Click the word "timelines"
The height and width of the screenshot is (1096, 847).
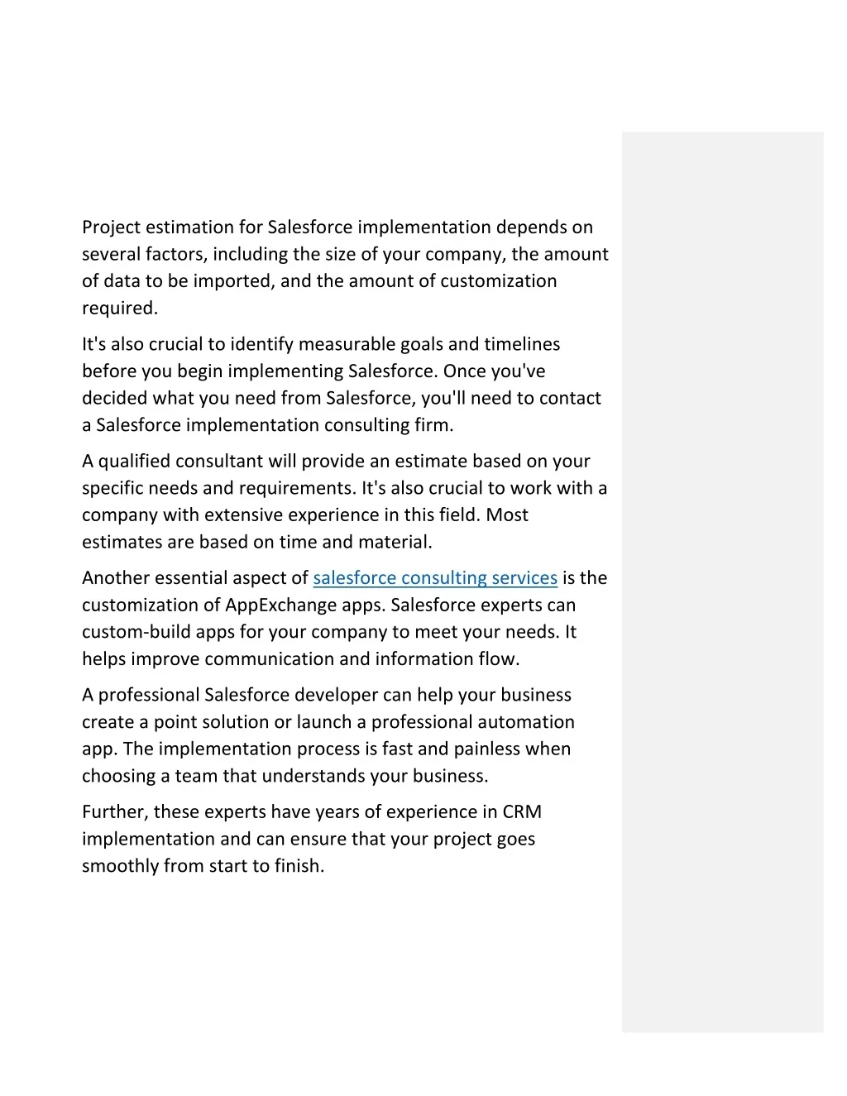522,344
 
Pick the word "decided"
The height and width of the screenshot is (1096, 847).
112,399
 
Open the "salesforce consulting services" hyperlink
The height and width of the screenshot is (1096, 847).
435,578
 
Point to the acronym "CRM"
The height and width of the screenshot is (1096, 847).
522,812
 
